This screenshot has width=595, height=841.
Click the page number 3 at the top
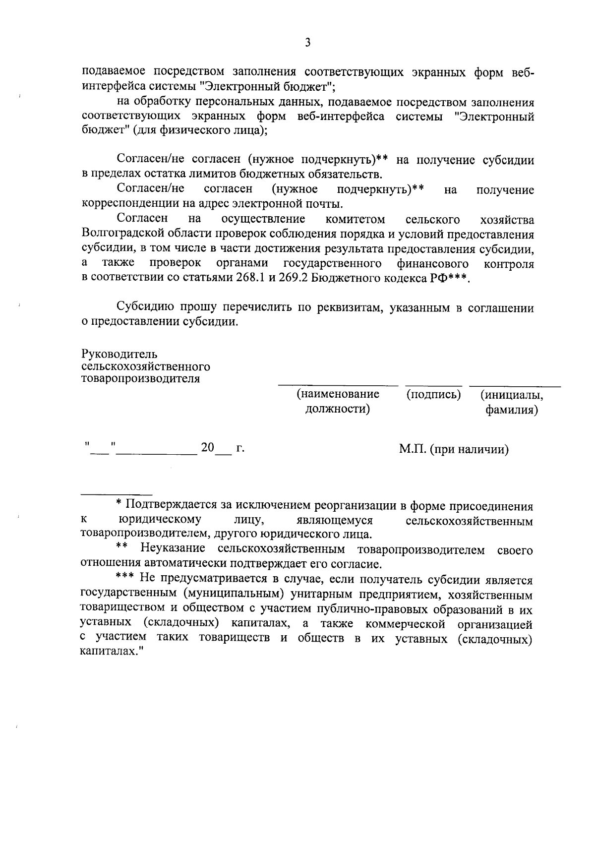point(307,43)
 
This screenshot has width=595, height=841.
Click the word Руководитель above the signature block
point(119,354)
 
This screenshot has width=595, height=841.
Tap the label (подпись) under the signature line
point(433,395)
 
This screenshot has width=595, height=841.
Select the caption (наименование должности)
point(338,402)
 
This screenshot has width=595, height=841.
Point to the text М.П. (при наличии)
point(454,449)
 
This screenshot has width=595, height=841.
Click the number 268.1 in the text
point(249,278)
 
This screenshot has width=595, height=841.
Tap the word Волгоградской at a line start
point(118,235)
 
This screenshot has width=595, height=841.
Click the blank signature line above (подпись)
point(433,385)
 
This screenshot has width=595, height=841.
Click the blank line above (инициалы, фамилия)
point(515,385)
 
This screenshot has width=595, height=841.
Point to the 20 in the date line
point(207,448)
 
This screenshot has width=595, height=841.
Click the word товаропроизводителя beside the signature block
point(140,379)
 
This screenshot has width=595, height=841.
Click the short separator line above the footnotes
point(116,494)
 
